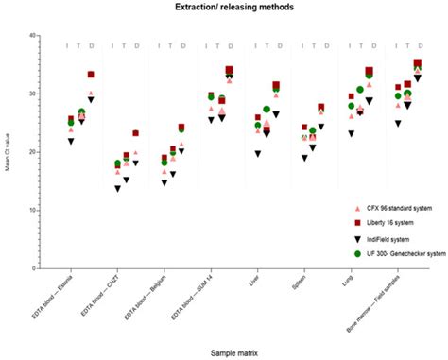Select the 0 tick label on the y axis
[34, 268]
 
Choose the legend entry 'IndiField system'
[388, 238]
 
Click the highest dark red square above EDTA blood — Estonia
[91, 74]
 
